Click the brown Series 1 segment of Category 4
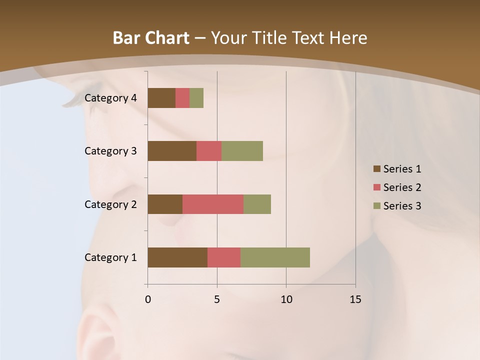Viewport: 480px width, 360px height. (x=161, y=98)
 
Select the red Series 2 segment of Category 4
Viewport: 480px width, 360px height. (x=182, y=98)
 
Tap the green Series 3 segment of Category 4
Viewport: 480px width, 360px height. (x=196, y=98)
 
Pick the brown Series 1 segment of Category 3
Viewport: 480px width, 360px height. (x=172, y=151)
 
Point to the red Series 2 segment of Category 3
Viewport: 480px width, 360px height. (x=209, y=151)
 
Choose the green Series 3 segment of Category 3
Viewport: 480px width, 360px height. (x=242, y=151)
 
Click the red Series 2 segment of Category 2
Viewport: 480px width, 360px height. (x=213, y=204)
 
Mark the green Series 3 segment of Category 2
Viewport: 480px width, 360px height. (x=257, y=204)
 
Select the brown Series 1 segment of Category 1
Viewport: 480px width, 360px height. (x=177, y=257)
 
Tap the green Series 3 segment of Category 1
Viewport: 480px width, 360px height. (x=275, y=257)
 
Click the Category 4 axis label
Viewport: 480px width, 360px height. (x=110, y=98)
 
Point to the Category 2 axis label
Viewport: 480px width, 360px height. (x=110, y=204)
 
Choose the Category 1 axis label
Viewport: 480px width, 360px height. (x=110, y=257)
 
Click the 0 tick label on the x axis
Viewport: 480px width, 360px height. (x=148, y=299)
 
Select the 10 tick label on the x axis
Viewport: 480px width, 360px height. (x=286, y=299)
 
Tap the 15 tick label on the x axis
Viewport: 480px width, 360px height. (x=355, y=299)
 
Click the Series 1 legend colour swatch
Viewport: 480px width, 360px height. (x=376, y=169)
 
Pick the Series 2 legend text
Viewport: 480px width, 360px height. (x=402, y=187)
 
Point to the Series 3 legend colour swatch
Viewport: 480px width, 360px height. (x=376, y=206)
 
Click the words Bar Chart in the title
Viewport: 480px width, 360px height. (x=151, y=38)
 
